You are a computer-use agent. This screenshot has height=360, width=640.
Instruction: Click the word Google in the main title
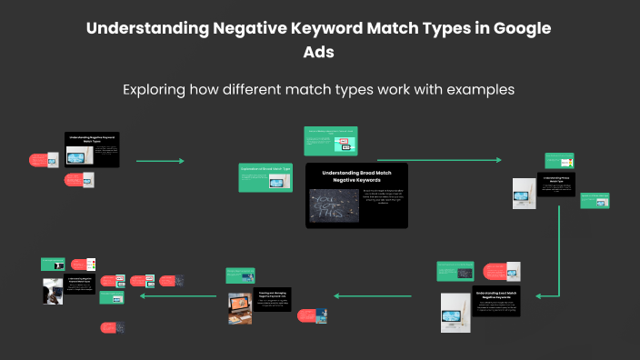point(518,28)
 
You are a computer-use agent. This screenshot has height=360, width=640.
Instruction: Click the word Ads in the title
point(319,52)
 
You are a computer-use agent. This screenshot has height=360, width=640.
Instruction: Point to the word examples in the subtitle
point(481,90)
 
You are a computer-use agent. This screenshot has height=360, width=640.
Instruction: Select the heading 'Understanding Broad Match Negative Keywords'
point(357,177)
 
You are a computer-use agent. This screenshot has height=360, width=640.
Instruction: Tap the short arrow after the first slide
point(160,161)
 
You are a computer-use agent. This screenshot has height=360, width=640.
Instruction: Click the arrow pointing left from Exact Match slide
point(373,295)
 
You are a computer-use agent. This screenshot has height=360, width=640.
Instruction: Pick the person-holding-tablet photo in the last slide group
point(52,291)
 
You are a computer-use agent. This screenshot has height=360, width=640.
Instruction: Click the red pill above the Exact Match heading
point(494,270)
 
